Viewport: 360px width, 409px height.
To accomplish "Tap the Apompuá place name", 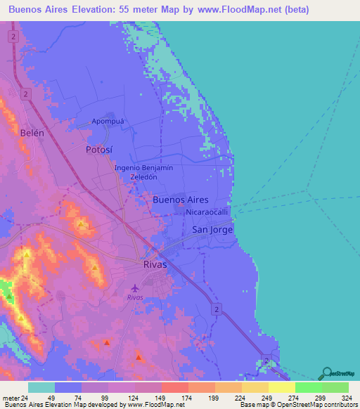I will pyautogui.click(x=108, y=122).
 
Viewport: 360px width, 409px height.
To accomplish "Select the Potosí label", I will pyautogui.click(x=98, y=150).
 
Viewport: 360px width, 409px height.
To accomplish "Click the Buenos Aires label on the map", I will pyautogui.click(x=180, y=200).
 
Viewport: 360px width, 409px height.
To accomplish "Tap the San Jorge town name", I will pyautogui.click(x=212, y=230).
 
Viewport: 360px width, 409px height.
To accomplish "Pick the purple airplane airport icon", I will pyautogui.click(x=136, y=287).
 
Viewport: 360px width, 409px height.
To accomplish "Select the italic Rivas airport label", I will pyautogui.click(x=136, y=297).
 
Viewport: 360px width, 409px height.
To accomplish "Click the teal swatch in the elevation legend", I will pyautogui.click(x=41, y=387).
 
